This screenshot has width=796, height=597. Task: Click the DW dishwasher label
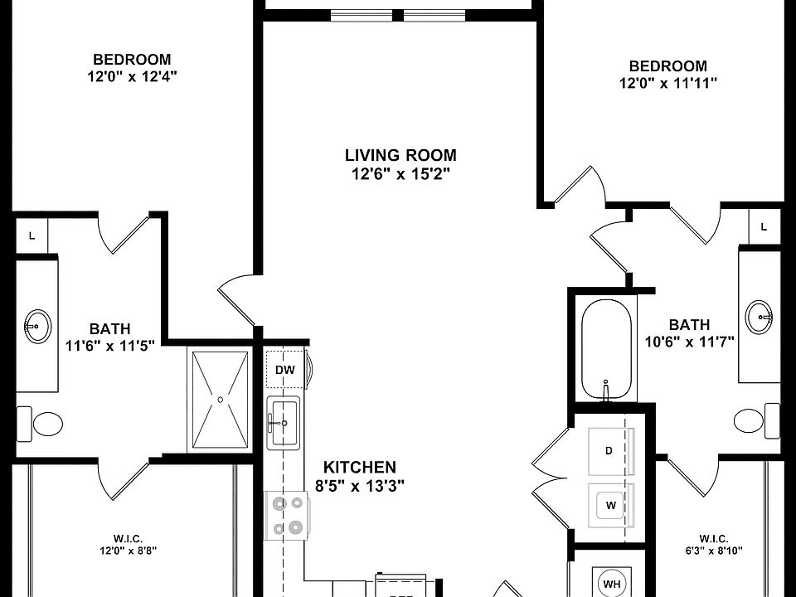click(284, 370)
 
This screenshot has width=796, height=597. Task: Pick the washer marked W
click(611, 506)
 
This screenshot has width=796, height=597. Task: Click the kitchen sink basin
click(284, 422)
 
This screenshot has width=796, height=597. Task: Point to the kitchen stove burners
click(287, 515)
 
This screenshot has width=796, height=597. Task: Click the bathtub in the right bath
click(606, 349)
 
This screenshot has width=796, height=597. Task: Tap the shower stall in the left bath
click(220, 400)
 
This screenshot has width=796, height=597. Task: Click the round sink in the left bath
click(37, 325)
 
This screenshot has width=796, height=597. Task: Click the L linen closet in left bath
click(32, 235)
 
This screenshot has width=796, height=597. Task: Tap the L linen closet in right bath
click(764, 227)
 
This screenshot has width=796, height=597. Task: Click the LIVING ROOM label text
click(401, 155)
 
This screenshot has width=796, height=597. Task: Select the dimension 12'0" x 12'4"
click(132, 77)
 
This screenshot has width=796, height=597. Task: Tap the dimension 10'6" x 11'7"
click(689, 342)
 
